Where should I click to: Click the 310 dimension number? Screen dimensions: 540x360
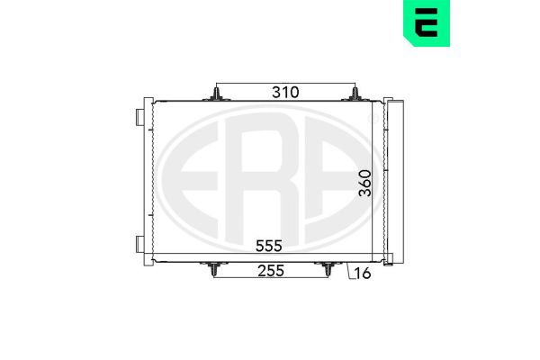[285, 93]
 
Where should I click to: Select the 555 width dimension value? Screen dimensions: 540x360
[268, 246]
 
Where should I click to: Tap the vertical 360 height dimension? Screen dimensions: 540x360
[365, 183]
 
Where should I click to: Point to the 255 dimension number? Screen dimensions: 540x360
[271, 271]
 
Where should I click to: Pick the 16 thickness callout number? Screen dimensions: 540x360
[363, 274]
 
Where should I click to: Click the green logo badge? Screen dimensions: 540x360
[427, 22]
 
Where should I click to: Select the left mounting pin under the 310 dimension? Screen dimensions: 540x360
[216, 94]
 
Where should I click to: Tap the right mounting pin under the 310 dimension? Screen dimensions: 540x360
[355, 94]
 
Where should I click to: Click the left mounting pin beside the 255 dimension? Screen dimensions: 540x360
[214, 269]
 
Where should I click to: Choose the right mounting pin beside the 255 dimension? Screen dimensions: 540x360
[328, 269]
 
